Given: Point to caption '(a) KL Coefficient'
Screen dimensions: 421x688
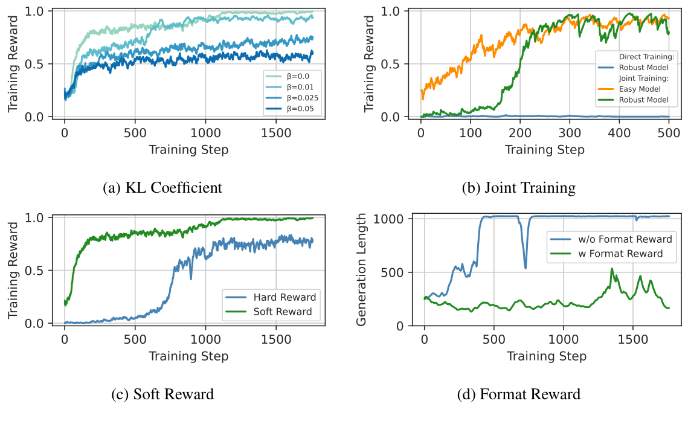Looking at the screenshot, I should (x=162, y=188).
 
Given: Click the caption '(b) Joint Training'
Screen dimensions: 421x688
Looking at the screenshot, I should (x=518, y=188).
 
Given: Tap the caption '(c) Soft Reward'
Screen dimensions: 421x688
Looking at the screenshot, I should (x=162, y=394).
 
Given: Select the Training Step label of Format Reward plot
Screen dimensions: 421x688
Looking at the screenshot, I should (x=547, y=356).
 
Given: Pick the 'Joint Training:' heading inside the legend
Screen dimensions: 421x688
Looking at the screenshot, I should (x=645, y=78).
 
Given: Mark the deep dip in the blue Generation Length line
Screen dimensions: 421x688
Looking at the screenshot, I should (x=525, y=267).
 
